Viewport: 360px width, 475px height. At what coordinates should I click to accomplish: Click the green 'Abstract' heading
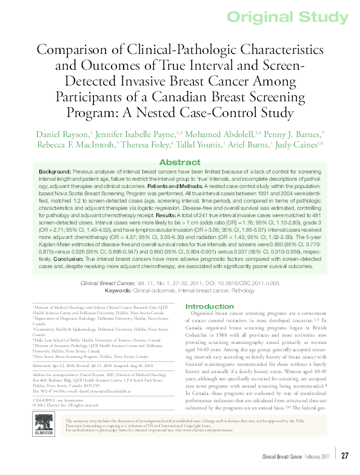click(180, 162)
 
